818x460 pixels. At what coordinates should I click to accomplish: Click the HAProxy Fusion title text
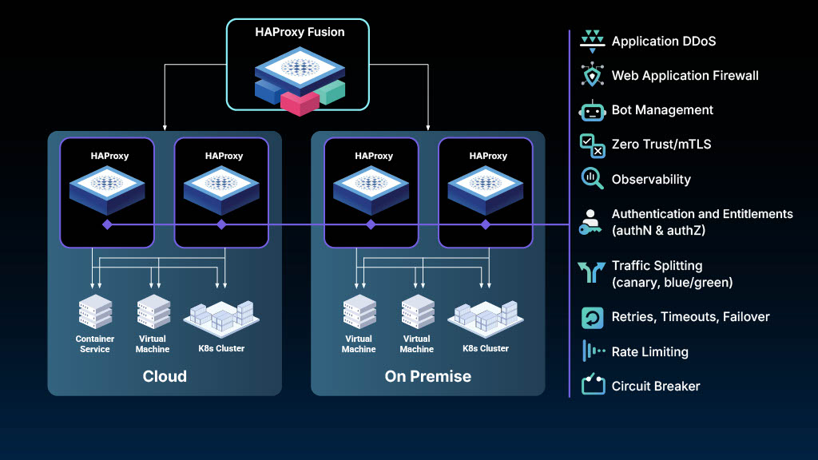pyautogui.click(x=298, y=33)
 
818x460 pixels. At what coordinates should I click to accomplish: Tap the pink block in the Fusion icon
pyautogui.click(x=300, y=102)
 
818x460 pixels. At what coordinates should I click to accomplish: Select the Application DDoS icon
pyautogui.click(x=592, y=41)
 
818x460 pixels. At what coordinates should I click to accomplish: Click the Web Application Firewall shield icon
pyautogui.click(x=592, y=76)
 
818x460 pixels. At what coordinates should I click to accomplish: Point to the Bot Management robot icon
pyautogui.click(x=592, y=110)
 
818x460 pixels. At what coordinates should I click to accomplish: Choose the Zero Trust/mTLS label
pyautogui.click(x=661, y=145)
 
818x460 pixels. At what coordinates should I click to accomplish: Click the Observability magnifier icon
pyautogui.click(x=592, y=179)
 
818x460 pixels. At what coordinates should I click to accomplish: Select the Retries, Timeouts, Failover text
pyautogui.click(x=690, y=317)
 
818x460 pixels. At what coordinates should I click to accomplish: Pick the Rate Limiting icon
pyautogui.click(x=592, y=351)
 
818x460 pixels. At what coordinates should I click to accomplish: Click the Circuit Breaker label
pyautogui.click(x=655, y=387)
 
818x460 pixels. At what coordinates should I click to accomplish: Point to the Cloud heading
pyautogui.click(x=165, y=376)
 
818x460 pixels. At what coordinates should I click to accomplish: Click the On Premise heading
pyautogui.click(x=428, y=376)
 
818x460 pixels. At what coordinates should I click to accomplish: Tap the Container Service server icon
pyautogui.click(x=95, y=311)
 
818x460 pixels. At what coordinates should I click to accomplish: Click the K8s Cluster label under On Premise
pyautogui.click(x=485, y=348)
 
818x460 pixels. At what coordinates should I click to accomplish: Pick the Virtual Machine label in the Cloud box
pyautogui.click(x=153, y=344)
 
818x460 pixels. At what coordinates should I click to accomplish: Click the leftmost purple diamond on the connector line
pyautogui.click(x=107, y=225)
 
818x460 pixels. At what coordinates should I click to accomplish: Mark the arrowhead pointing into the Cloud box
pyautogui.click(x=165, y=126)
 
